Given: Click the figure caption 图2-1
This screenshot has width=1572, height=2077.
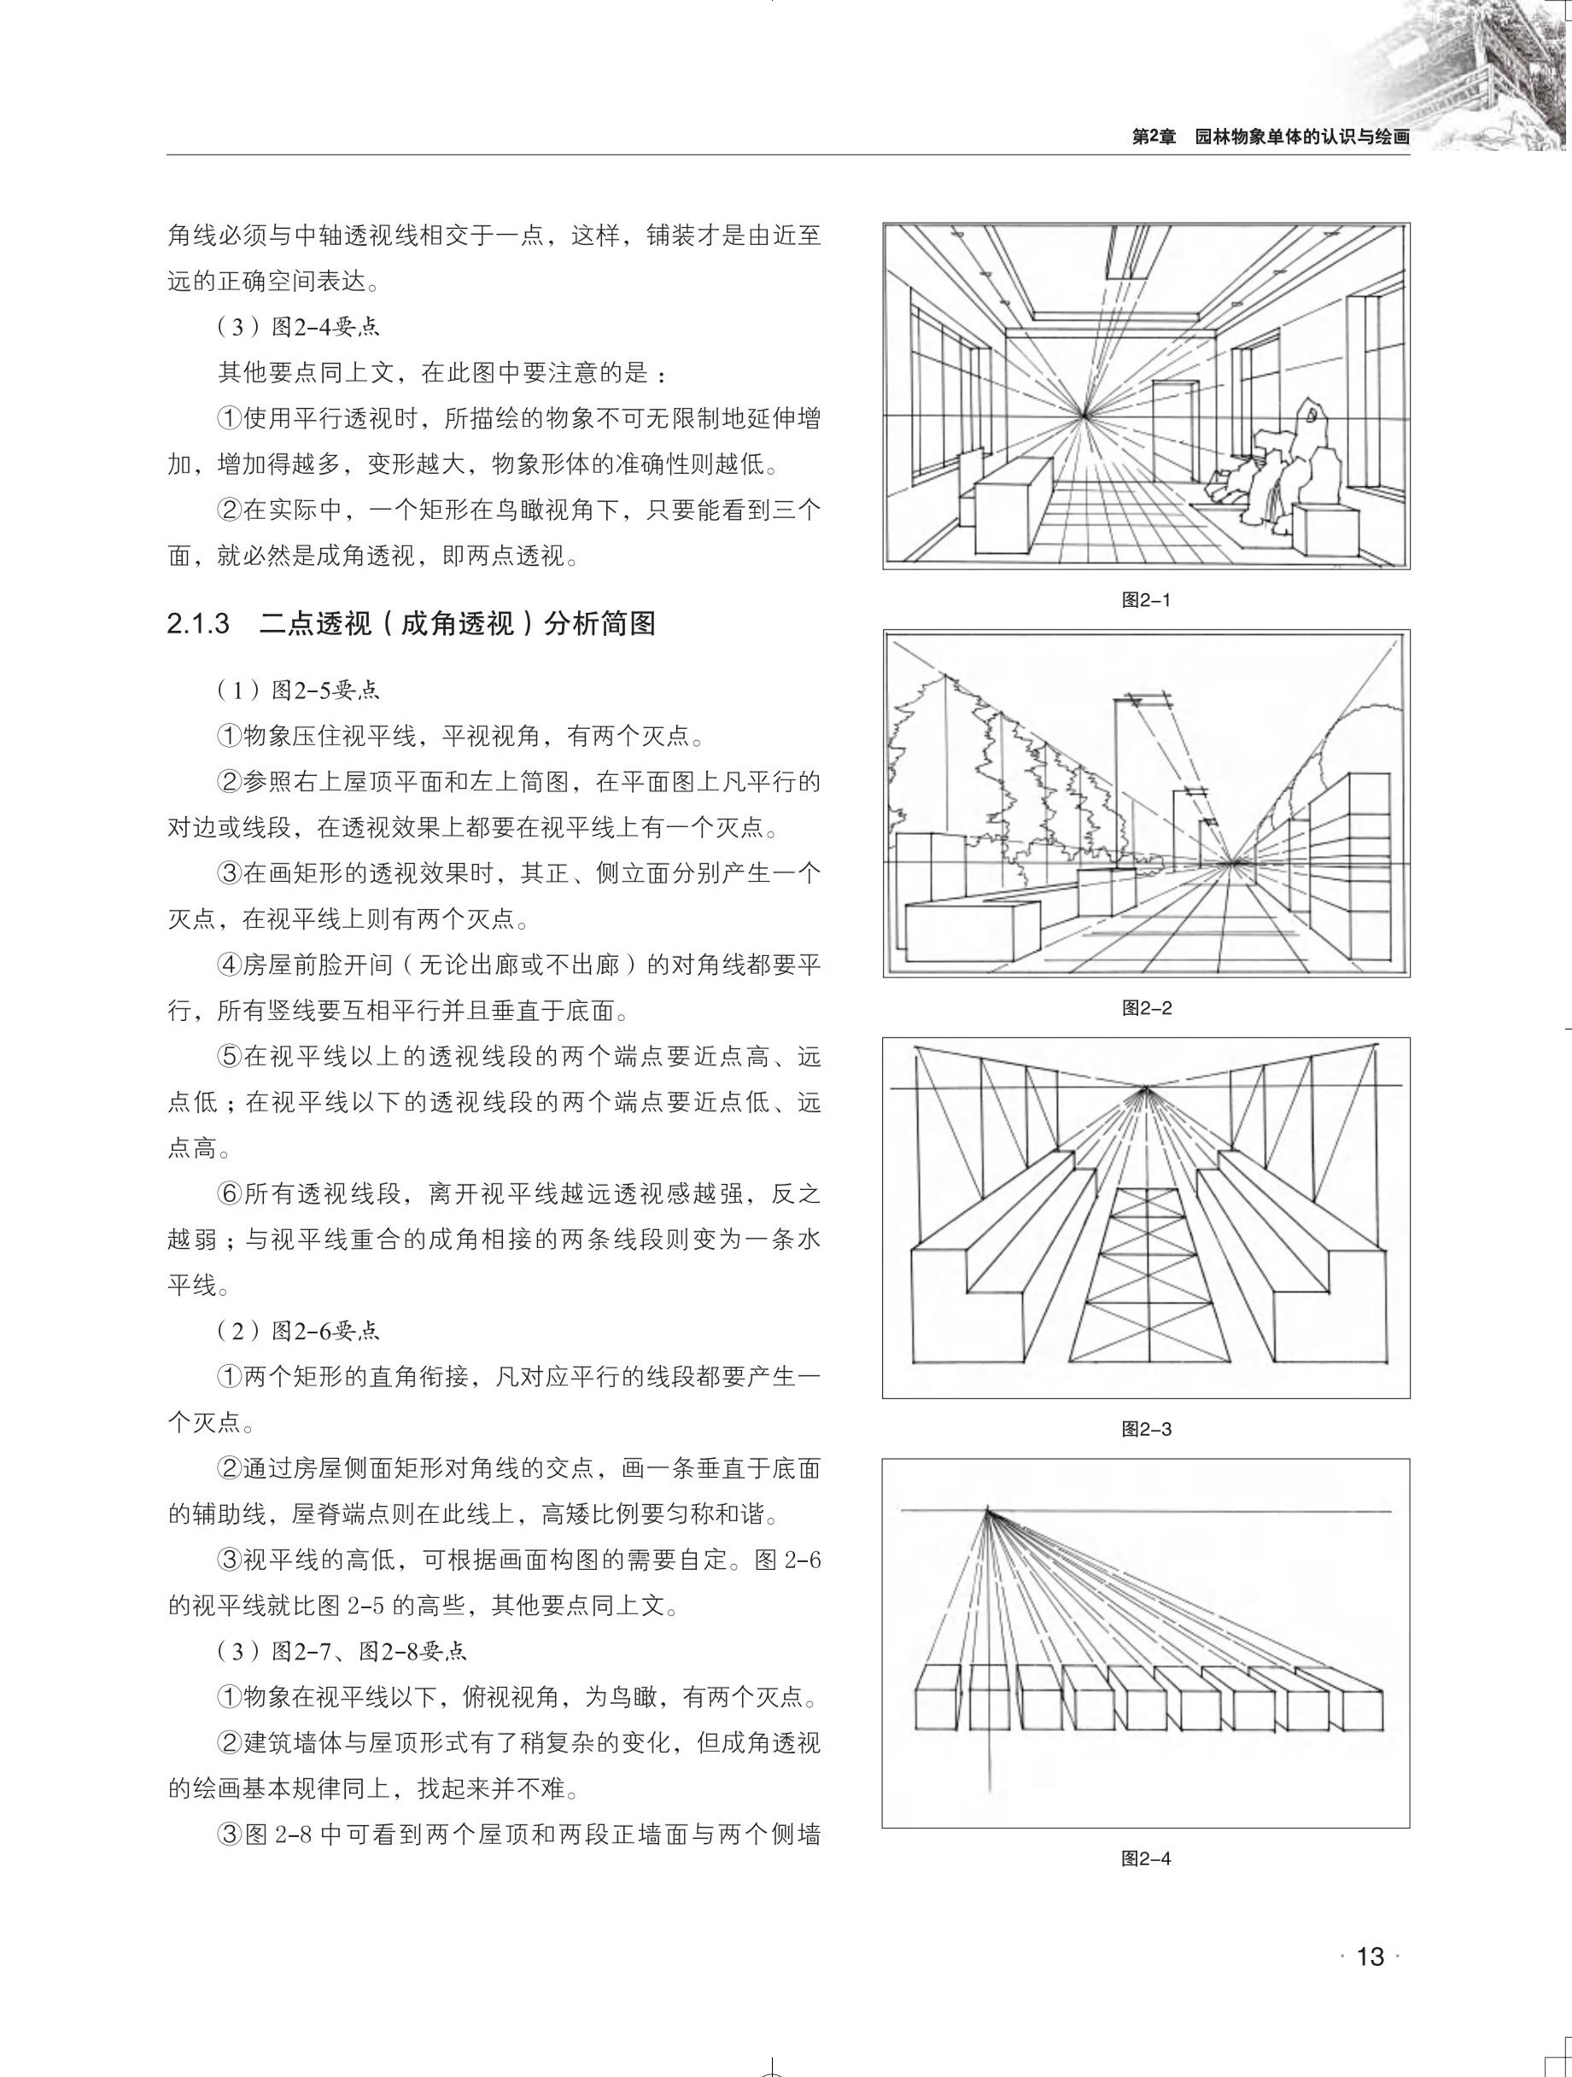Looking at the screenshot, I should click(1146, 600).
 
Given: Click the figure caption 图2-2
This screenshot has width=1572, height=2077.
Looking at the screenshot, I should click(1146, 1008).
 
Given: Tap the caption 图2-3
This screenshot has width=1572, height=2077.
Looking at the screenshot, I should click(1146, 1429).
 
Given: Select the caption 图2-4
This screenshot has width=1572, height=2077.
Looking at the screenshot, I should click(1146, 1858).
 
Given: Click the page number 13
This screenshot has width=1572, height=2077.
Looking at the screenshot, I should click(1370, 1957).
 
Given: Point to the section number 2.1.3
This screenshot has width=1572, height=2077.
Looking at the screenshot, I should click(198, 623).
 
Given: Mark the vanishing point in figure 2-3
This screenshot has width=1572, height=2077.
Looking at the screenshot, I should click(1145, 1089).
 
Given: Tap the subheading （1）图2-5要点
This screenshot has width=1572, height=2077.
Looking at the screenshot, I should click(298, 690).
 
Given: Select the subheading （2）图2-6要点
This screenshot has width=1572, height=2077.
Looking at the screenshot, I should click(298, 1331).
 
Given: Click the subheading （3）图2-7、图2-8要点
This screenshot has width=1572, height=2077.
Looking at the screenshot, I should click(342, 1651).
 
